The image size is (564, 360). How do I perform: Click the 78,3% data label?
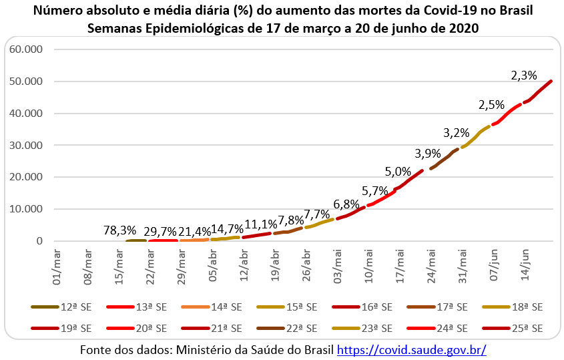tap(120, 230)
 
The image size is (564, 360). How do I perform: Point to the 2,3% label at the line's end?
tap(523, 75)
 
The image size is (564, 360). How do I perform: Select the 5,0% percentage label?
tap(398, 171)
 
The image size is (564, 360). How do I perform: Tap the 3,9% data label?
tap(428, 153)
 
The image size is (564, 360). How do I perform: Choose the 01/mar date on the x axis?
tap(56, 265)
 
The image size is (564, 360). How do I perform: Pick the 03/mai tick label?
tap(338, 265)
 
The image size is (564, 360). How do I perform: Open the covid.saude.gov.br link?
tap(411, 349)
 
